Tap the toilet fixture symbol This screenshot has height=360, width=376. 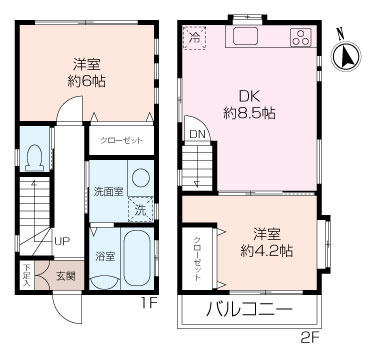point(35,155)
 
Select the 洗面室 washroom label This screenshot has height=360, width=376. point(109,190)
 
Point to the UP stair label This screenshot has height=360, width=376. point(61,241)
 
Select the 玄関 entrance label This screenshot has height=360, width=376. point(65,275)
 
